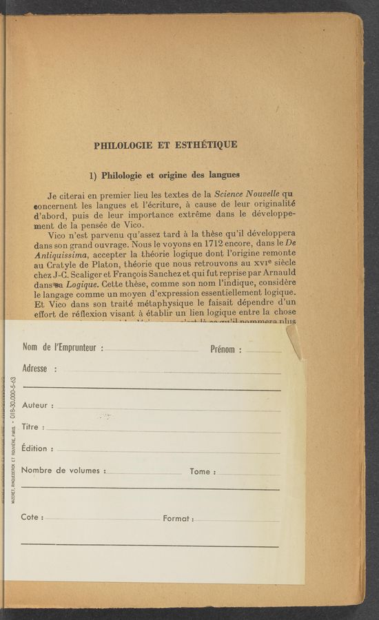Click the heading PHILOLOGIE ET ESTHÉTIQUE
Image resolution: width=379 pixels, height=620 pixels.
pyautogui.click(x=165, y=145)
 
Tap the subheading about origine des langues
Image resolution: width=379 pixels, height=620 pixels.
pyautogui.click(x=165, y=174)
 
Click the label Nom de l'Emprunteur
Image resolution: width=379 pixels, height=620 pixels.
pyautogui.click(x=63, y=347)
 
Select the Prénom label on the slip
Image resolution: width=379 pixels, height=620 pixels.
pyautogui.click(x=225, y=350)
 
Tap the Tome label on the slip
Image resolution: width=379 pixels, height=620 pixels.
pyautogui.click(x=203, y=472)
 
